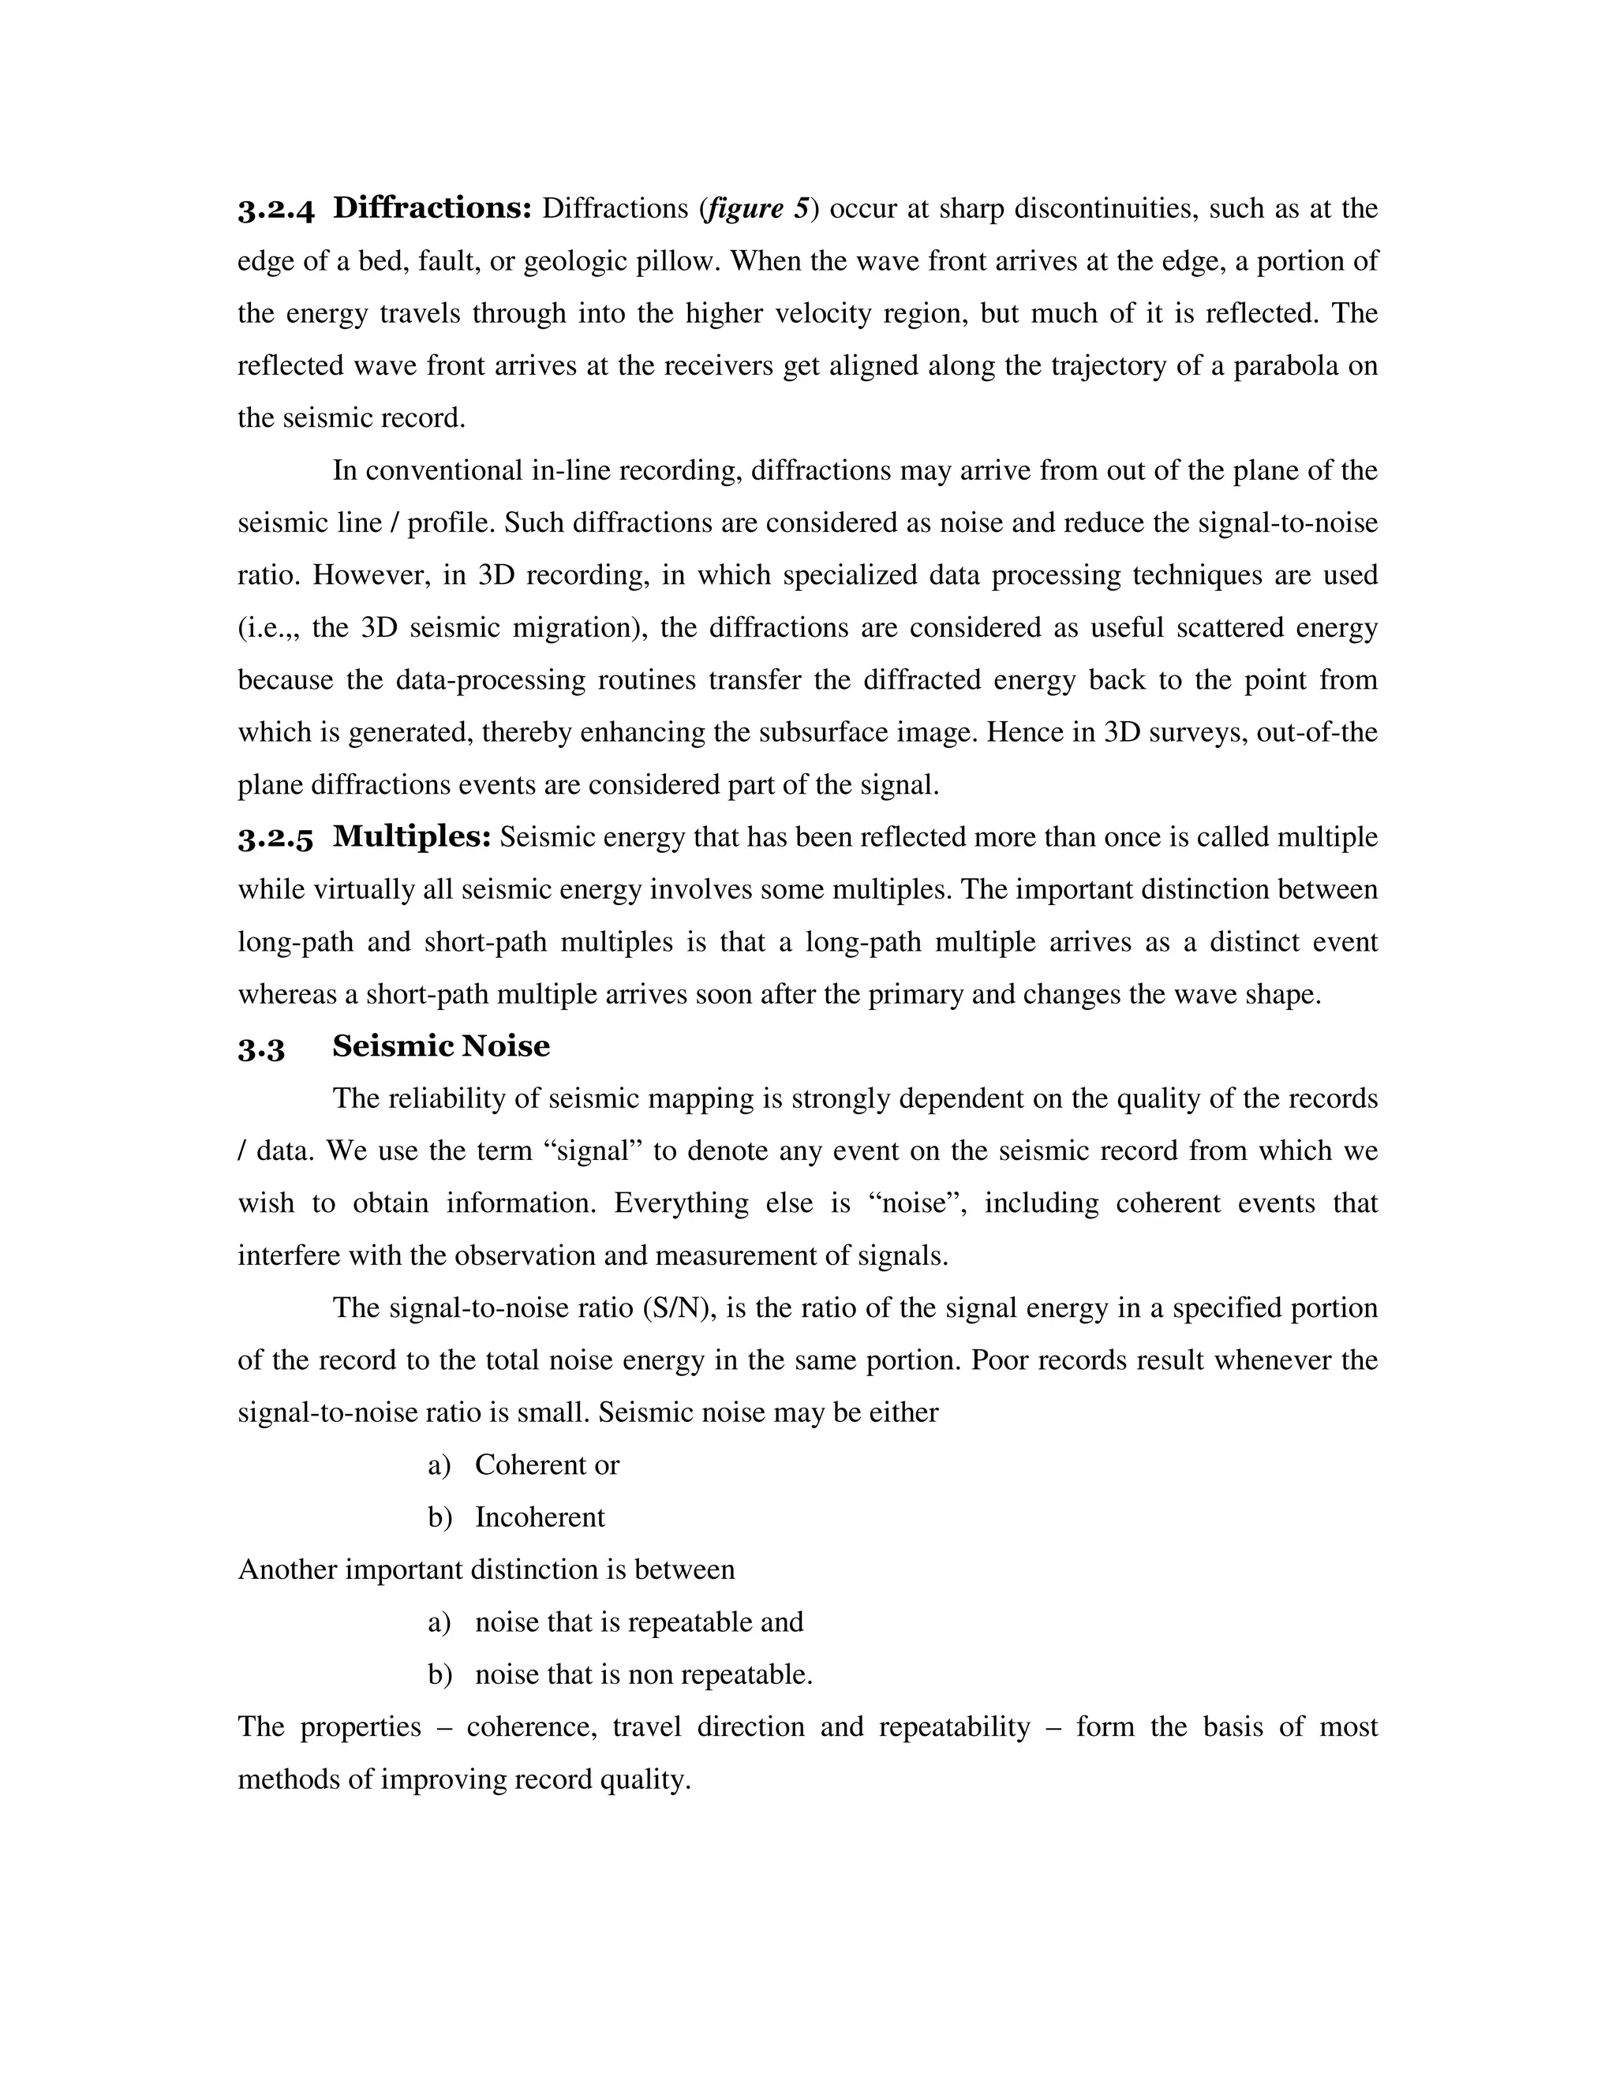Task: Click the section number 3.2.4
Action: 275,210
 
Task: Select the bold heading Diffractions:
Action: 432,208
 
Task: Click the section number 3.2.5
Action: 275,839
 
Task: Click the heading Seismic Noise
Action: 440,1046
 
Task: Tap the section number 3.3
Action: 261,1049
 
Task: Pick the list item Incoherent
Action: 540,1517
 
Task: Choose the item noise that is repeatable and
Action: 638,1623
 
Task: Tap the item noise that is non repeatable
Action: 643,1674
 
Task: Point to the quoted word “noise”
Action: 916,1203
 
